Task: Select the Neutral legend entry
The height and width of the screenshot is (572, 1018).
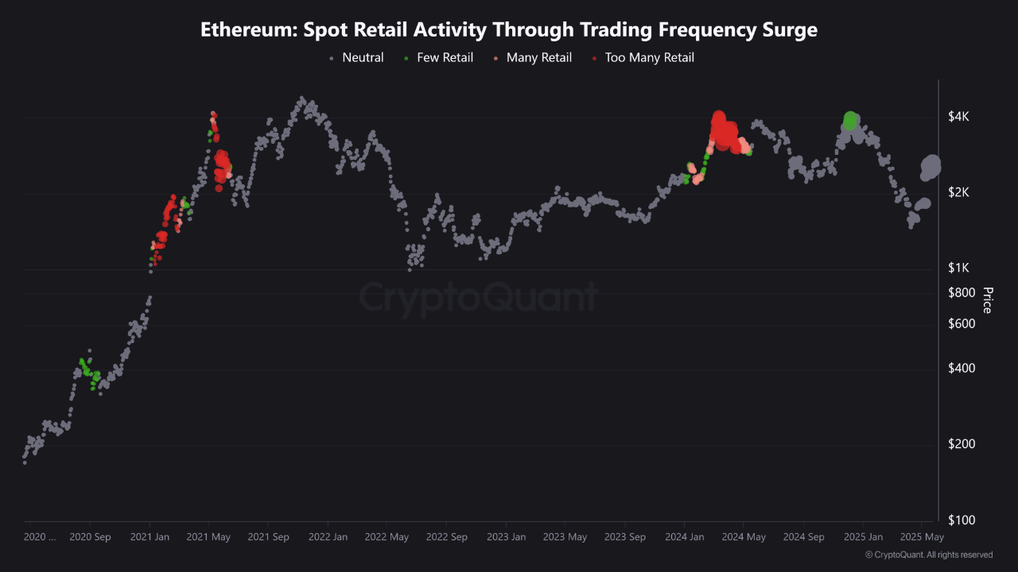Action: point(362,57)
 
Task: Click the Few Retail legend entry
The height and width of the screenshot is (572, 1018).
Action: point(445,57)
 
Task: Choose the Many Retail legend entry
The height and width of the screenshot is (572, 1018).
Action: point(538,57)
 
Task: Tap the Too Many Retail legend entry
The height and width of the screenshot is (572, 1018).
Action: point(649,57)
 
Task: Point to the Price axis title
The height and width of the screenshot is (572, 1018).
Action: point(987,300)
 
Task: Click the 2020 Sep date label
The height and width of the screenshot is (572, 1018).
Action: point(91,537)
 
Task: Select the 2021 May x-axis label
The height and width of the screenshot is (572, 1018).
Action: point(208,537)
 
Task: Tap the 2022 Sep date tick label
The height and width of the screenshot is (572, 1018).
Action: point(447,537)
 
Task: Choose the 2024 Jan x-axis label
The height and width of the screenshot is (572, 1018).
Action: point(685,537)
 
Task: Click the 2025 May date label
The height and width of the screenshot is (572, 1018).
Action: point(922,537)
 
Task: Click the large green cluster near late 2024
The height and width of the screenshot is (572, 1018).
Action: point(850,120)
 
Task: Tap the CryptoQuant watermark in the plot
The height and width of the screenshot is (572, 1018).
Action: point(477,298)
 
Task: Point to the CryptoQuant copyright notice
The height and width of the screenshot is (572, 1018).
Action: point(929,555)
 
